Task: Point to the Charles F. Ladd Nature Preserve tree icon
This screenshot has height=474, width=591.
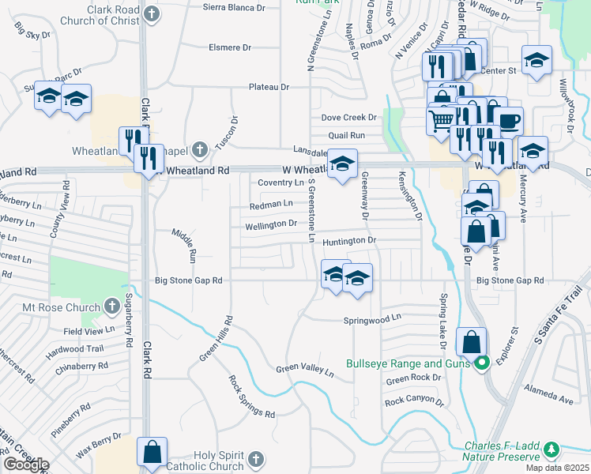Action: pyautogui.click(x=551, y=450)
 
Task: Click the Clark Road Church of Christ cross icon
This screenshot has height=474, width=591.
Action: pyautogui.click(x=152, y=13)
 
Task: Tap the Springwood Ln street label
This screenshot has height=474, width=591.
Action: pyautogui.click(x=372, y=320)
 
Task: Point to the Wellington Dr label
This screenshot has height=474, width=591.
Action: pyautogui.click(x=270, y=224)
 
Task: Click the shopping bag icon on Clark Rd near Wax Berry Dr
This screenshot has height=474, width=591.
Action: pyautogui.click(x=152, y=453)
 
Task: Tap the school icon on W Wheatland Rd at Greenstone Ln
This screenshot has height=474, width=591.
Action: pyautogui.click(x=342, y=164)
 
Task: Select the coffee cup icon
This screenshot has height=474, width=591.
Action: pyautogui.click(x=509, y=121)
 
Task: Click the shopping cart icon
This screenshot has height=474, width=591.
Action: pyautogui.click(x=441, y=119)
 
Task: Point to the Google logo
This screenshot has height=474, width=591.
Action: pyautogui.click(x=25, y=465)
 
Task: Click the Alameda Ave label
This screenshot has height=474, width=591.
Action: pyautogui.click(x=554, y=401)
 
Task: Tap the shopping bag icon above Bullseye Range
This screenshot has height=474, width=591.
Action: pyautogui.click(x=471, y=342)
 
